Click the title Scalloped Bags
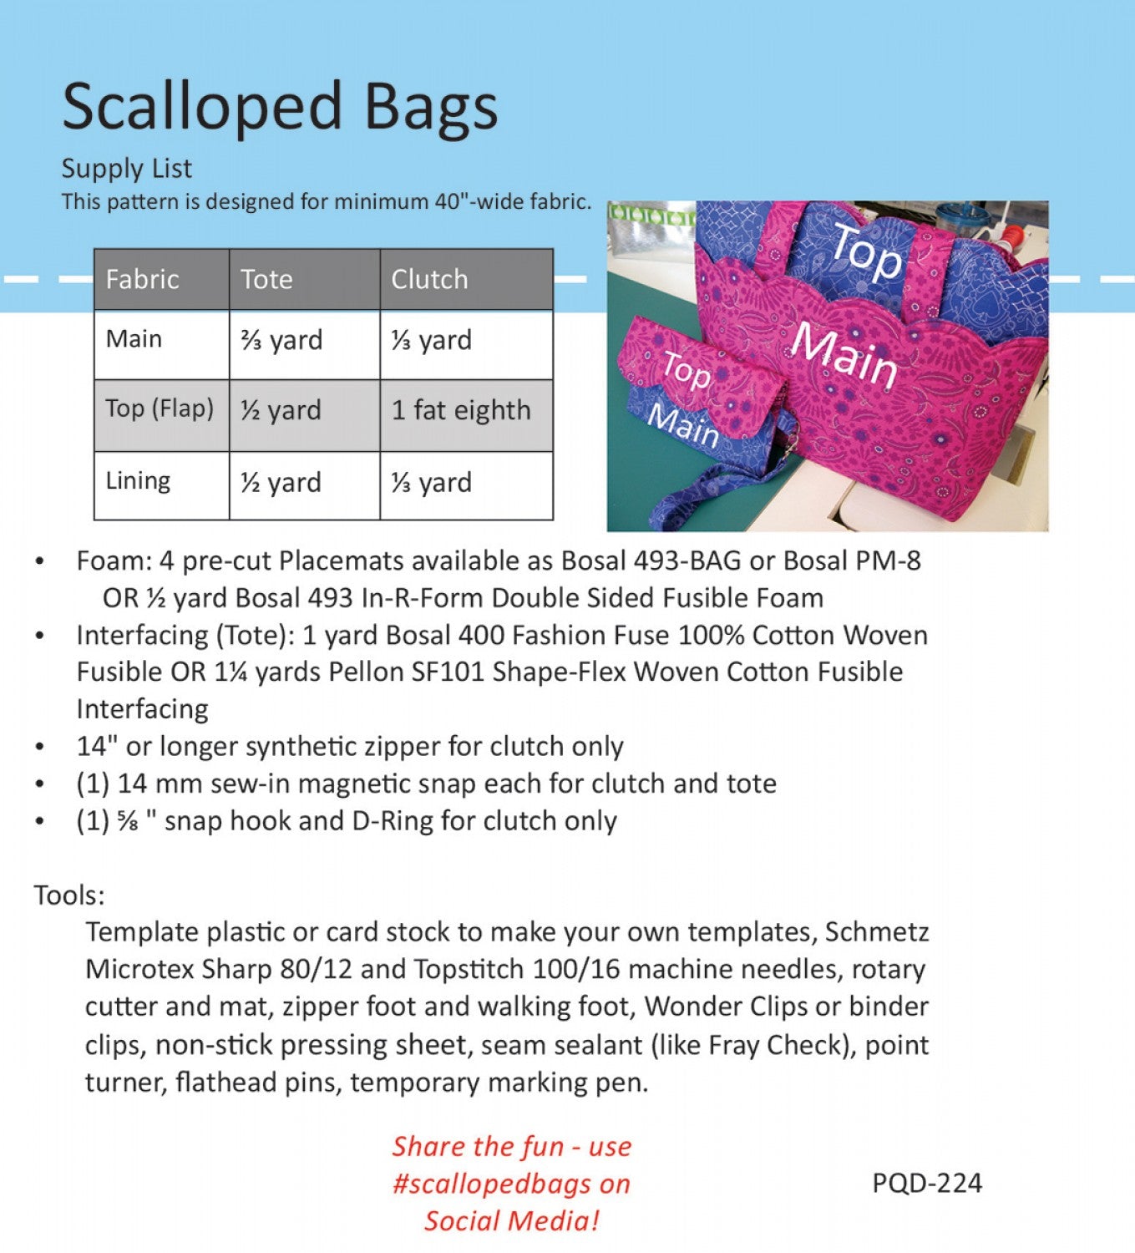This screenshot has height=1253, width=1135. coord(280,107)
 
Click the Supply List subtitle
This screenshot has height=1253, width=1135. coord(127,169)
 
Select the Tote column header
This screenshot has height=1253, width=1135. coord(266,279)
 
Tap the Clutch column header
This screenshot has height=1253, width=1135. coord(429,279)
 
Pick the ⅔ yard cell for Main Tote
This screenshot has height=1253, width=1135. coord(281,341)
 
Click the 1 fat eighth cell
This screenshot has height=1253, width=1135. coord(461,411)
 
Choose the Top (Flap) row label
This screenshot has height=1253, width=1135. coord(160,408)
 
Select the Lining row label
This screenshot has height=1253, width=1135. coord(138,481)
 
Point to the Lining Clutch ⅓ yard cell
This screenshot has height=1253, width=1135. coord(431,483)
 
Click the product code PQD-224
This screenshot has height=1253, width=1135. coord(927,1183)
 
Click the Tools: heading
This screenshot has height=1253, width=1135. coord(69,895)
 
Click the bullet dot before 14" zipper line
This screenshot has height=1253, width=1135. coord(40,748)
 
